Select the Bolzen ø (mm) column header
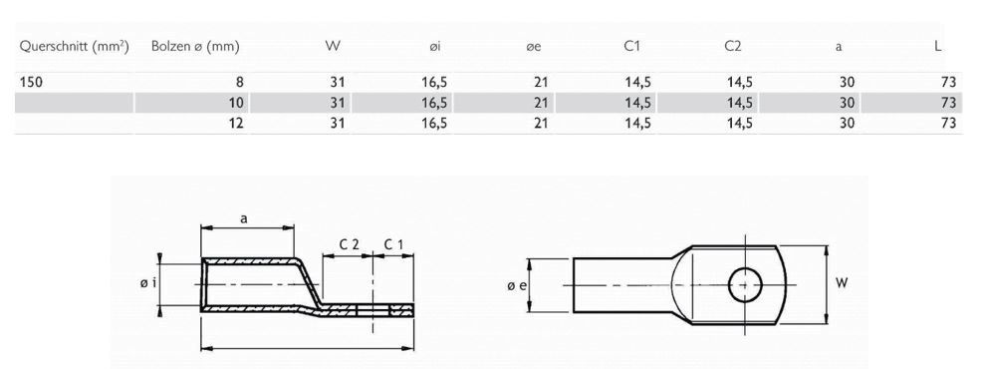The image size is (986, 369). tap(195, 47)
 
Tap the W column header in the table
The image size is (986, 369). tap(334, 47)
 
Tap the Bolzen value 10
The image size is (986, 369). tap(235, 103)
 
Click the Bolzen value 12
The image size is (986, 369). tap(235, 122)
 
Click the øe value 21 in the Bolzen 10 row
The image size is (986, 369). tap(542, 103)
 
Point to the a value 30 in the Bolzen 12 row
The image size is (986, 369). tap(848, 122)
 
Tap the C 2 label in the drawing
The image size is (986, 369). tap(350, 243)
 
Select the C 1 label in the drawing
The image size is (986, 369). tap(393, 243)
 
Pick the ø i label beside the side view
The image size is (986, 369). tap(147, 285)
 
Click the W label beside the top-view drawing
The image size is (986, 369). tap(843, 284)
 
